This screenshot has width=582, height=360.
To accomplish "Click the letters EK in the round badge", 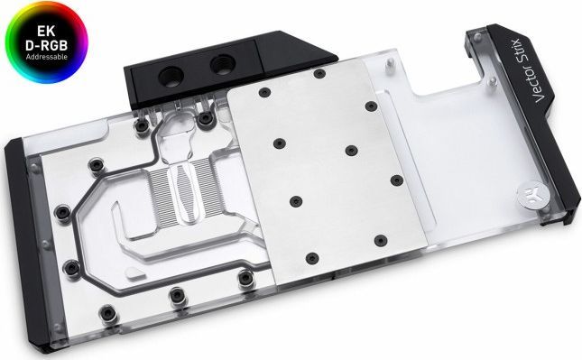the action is pyautogui.click(x=46, y=31).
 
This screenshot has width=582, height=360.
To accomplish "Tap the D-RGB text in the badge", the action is pyautogui.click(x=46, y=45).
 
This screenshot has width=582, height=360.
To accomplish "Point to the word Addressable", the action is pyautogui.click(x=46, y=57).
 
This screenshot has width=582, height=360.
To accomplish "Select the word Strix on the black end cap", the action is pyautogui.click(x=517, y=53).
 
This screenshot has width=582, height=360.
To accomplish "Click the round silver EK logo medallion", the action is pyautogui.click(x=528, y=194).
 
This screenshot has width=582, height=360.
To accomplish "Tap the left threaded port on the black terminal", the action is pyautogui.click(x=171, y=78).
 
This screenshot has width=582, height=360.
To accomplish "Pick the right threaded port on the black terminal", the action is pyautogui.click(x=222, y=65).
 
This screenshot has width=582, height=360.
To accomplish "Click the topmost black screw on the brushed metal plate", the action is pyautogui.click(x=319, y=73).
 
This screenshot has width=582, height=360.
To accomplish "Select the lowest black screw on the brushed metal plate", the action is pyautogui.click(x=312, y=258).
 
